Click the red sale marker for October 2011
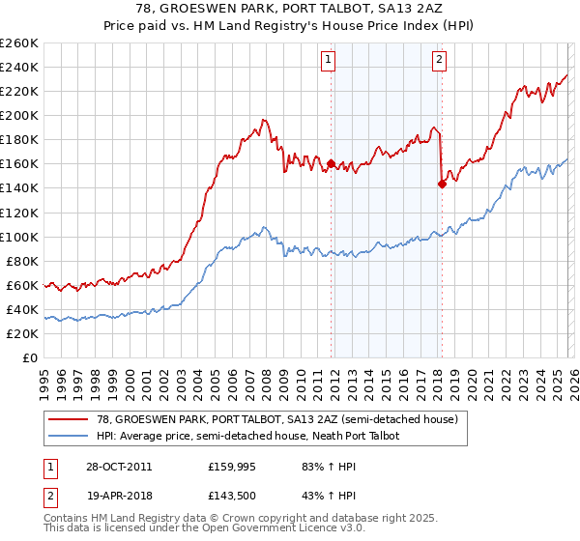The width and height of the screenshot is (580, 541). tap(331, 163)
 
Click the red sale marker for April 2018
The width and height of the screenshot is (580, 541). tap(442, 184)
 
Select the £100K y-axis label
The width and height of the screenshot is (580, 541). tap(19, 237)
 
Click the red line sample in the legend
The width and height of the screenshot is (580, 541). tap(70, 419)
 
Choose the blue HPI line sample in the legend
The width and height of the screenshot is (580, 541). tap(70, 436)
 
